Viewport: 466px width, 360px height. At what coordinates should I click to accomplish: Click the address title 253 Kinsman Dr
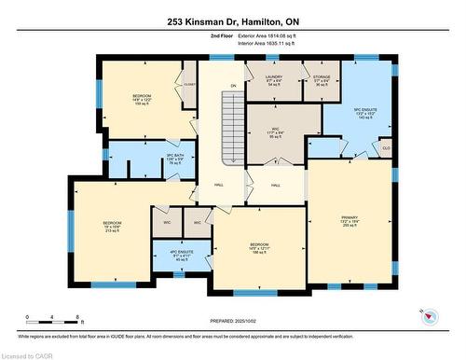(x=232, y=21)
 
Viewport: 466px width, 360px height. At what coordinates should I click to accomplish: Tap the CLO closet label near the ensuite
(x=386, y=147)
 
